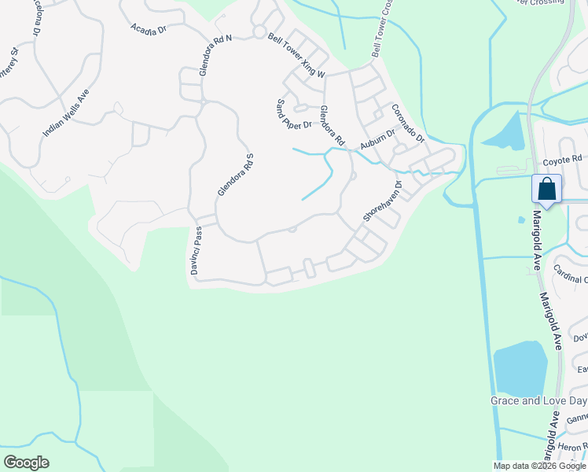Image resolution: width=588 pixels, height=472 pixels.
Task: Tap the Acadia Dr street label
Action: point(149,28)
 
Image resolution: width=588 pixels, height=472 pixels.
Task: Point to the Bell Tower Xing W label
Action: point(296,55)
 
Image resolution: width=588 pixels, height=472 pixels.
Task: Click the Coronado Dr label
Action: point(408,124)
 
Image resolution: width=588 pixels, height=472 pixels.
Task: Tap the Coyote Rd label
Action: point(561,161)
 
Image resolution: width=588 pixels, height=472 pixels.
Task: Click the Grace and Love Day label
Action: point(538,400)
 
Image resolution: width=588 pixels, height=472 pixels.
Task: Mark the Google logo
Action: point(26,463)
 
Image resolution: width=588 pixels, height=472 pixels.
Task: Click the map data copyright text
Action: point(539,466)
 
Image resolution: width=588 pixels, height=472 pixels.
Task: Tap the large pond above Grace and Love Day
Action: point(520,368)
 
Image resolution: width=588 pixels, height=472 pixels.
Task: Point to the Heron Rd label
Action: point(573,447)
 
